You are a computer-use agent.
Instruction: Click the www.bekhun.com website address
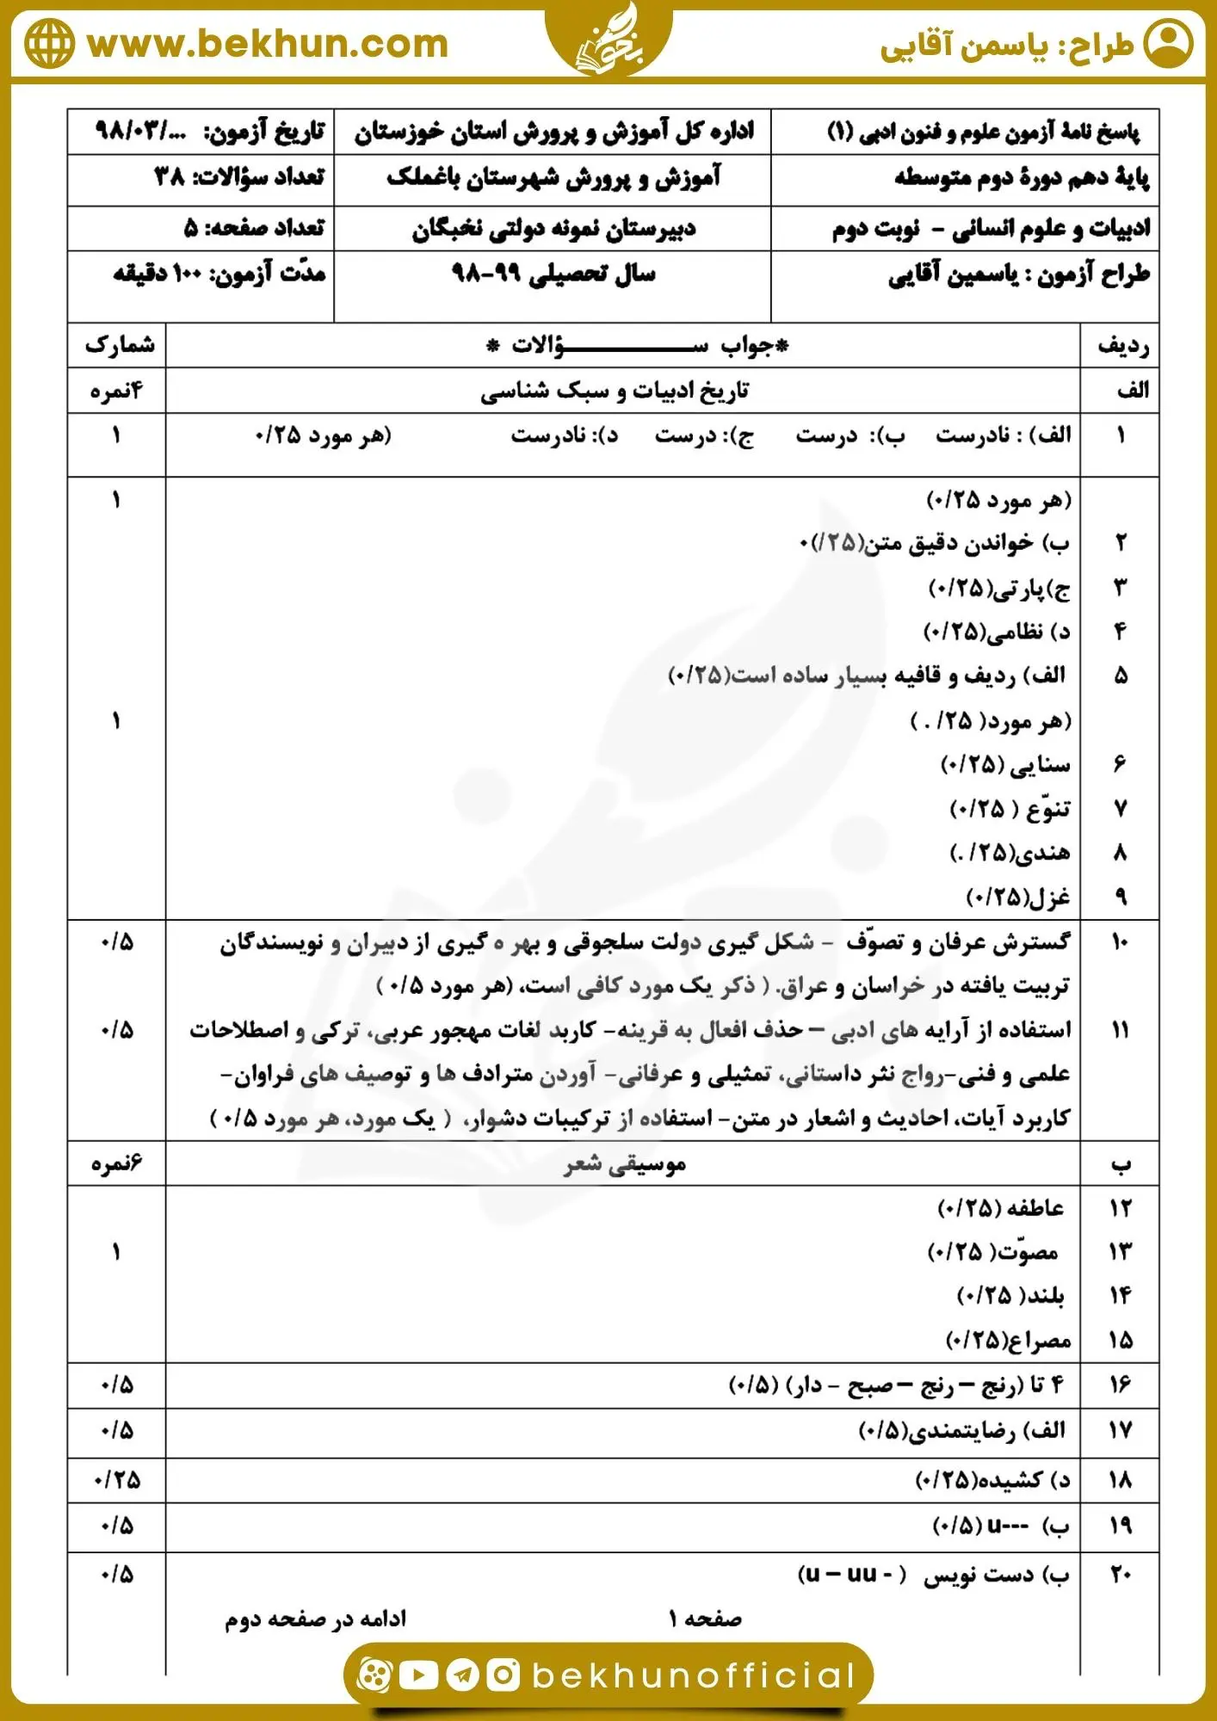pos(268,44)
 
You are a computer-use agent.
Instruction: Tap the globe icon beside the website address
pos(49,44)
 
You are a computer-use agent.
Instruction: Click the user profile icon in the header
pos(1169,44)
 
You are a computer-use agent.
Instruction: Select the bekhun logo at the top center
pos(608,39)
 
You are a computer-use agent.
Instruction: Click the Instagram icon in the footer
pos(503,1674)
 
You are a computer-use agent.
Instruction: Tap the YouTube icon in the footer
pos(418,1674)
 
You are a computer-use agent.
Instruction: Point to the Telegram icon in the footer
pos(461,1674)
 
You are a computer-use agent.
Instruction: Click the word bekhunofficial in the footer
pos(693,1675)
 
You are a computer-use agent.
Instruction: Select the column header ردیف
pos(1122,346)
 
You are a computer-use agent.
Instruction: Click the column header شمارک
pos(119,346)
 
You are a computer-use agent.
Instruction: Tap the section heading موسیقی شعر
pos(625,1164)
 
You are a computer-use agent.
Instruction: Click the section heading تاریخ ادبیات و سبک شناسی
pos(615,392)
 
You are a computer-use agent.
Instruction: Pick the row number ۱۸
pos(1119,1480)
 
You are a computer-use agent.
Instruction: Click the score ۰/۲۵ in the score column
pos(117,1480)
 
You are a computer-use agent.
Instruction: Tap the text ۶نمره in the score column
pos(116,1164)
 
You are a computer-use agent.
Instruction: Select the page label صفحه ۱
pos(705,1619)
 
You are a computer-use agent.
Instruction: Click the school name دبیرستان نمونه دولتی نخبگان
pos(553,230)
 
